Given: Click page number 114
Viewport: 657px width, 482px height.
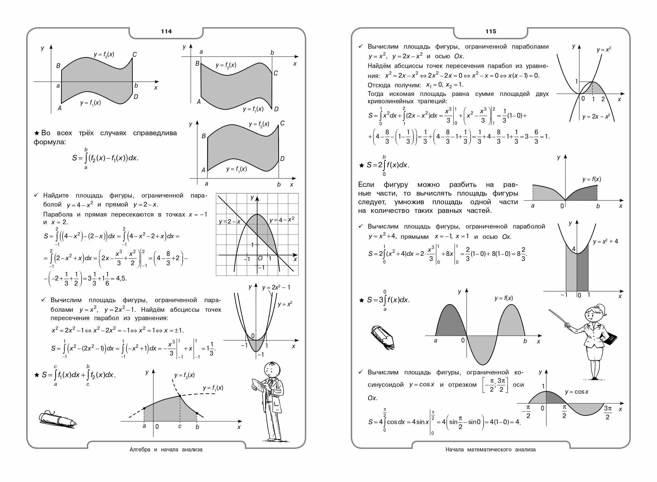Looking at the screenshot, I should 166,31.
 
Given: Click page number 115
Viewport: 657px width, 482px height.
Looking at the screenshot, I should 491,31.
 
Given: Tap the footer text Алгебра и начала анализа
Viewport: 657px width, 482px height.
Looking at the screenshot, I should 166,449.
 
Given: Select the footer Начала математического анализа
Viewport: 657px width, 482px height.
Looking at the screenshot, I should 491,449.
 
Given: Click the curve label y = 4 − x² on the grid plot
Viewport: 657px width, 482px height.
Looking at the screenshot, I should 282,220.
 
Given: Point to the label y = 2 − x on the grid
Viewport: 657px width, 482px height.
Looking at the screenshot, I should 230,222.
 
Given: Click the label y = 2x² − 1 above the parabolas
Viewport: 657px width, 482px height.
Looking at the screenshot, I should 276,287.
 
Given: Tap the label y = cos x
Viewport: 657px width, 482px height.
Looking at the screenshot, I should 576,392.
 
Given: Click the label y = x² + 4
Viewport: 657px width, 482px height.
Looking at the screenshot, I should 605,241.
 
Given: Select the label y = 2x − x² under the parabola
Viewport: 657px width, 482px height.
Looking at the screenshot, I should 596,117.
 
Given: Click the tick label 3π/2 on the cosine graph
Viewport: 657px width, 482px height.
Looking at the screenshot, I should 608,412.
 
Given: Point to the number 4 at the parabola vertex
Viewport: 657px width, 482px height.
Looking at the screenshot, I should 573,249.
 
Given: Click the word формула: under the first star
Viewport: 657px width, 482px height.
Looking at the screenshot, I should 50,142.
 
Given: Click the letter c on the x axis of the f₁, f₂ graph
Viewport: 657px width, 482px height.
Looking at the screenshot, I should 180,426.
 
